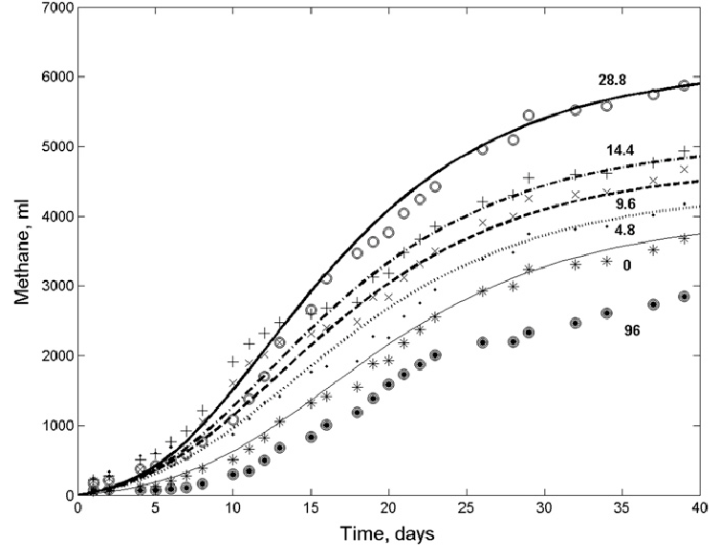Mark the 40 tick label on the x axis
702,509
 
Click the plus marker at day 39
684,151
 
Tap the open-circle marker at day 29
529,116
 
